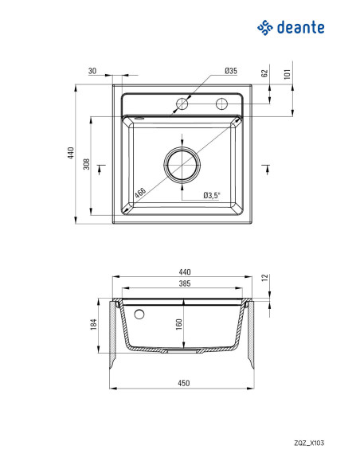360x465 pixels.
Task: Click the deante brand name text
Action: click(301, 27)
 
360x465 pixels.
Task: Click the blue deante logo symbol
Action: click(264, 28)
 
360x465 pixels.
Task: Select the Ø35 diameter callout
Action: click(231, 71)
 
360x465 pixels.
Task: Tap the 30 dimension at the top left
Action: click(92, 71)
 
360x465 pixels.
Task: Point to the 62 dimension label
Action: click(264, 73)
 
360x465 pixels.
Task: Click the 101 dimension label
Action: click(287, 74)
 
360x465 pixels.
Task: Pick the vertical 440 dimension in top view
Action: click(71, 153)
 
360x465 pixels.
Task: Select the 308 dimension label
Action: click(86, 164)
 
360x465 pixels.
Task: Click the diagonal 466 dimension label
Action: click(140, 193)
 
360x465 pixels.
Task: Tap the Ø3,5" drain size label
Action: click(212, 195)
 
